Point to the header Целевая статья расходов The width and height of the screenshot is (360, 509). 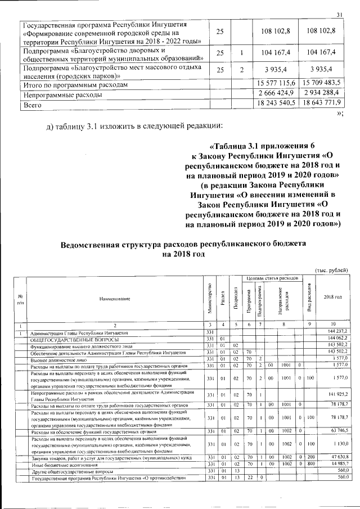coord(272,278)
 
